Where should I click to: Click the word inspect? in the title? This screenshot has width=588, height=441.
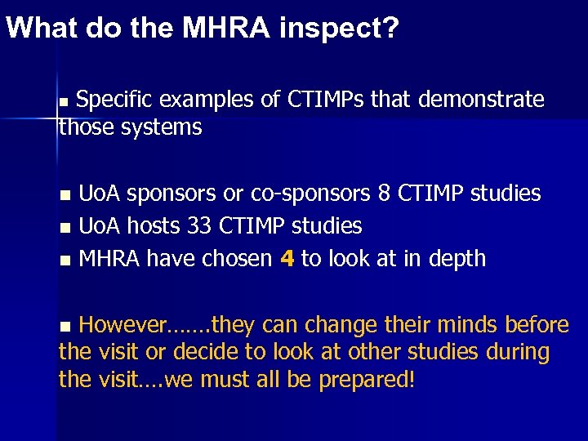click(340, 29)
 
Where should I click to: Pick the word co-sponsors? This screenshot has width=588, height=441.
click(307, 194)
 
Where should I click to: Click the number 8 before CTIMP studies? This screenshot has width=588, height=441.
click(384, 194)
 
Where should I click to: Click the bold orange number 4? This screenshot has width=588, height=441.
click(287, 259)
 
